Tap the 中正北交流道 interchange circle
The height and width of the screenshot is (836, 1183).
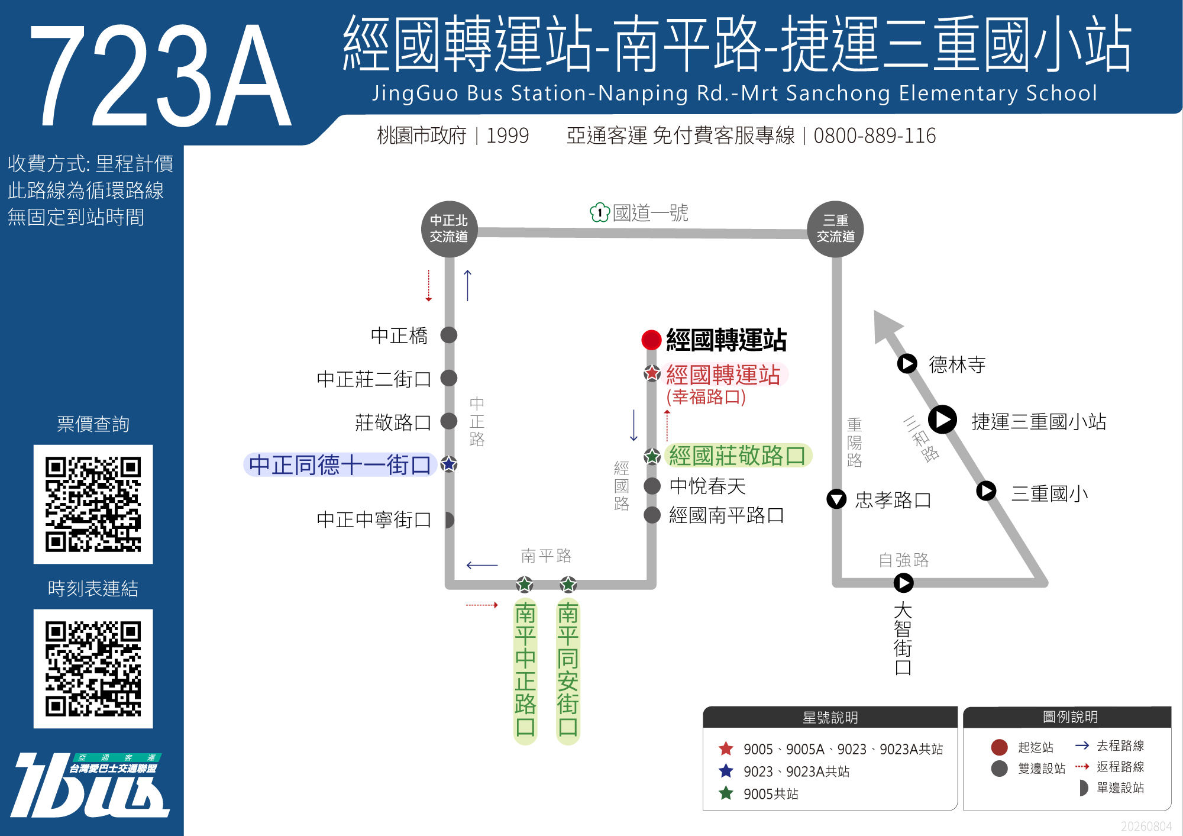(x=449, y=229)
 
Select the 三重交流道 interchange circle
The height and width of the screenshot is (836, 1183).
(x=835, y=229)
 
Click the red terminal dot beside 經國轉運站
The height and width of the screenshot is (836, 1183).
(x=651, y=340)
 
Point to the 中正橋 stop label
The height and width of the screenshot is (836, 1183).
(x=399, y=335)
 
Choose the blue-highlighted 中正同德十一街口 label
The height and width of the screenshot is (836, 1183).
(x=340, y=465)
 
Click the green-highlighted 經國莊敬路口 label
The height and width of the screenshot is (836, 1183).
(x=738, y=456)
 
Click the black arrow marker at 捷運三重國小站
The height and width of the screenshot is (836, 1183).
(x=942, y=419)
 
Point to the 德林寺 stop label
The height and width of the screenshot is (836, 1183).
(x=957, y=364)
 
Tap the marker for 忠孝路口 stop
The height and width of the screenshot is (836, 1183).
(x=836, y=499)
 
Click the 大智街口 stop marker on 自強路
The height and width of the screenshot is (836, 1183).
(x=903, y=583)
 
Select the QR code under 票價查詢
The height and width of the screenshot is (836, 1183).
(x=93, y=504)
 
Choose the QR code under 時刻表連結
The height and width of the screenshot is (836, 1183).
(x=93, y=669)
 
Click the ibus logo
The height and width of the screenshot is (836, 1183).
(x=89, y=785)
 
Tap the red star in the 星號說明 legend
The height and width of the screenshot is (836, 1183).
(x=726, y=749)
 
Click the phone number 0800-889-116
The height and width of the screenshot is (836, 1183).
(x=875, y=135)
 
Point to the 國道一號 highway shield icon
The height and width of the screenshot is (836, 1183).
(x=599, y=212)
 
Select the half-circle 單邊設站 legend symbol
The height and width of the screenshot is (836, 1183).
(x=1084, y=787)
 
